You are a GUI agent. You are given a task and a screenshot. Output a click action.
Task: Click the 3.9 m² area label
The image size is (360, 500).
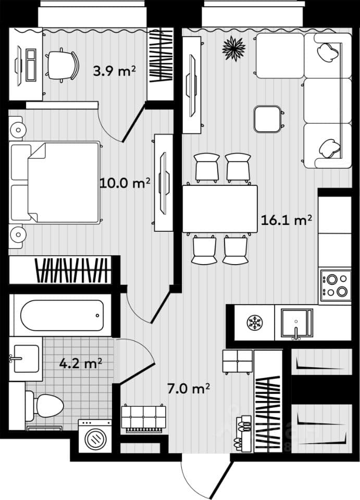coord(114,71)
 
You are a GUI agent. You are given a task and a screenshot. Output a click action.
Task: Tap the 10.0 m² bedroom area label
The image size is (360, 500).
coord(125,183)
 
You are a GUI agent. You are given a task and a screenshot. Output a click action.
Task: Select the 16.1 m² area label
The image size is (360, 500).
coord(287,220)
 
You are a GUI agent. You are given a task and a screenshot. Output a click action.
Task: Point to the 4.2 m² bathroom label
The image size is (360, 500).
coord(81,363)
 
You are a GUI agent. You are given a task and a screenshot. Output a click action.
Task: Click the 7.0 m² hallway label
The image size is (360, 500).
coord(189,389)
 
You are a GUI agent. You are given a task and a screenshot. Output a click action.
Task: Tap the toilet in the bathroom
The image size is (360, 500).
coord(45,406)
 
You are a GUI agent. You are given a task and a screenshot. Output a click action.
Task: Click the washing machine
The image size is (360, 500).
coord(95,436)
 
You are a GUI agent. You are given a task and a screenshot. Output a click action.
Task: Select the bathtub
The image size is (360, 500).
coord(62,316)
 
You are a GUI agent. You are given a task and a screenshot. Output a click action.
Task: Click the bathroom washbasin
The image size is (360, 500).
coord(26,359)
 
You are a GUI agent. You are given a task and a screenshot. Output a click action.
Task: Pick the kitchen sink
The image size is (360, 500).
coord(296,323)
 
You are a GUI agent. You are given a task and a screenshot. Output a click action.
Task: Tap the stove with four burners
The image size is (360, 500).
coord(336,285)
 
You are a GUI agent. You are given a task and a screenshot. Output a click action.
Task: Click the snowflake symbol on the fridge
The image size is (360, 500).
coord(255,323)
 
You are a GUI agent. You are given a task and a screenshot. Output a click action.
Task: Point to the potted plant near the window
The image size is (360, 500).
coord(234,48)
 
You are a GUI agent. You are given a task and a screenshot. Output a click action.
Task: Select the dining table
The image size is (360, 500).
coord(220,209)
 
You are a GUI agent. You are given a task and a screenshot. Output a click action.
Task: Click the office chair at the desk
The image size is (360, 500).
coord(63,66)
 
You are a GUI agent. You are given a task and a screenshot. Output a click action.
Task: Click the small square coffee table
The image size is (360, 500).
coord(267,119)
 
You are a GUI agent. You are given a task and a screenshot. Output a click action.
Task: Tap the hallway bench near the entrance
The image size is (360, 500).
coord(143,419)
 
